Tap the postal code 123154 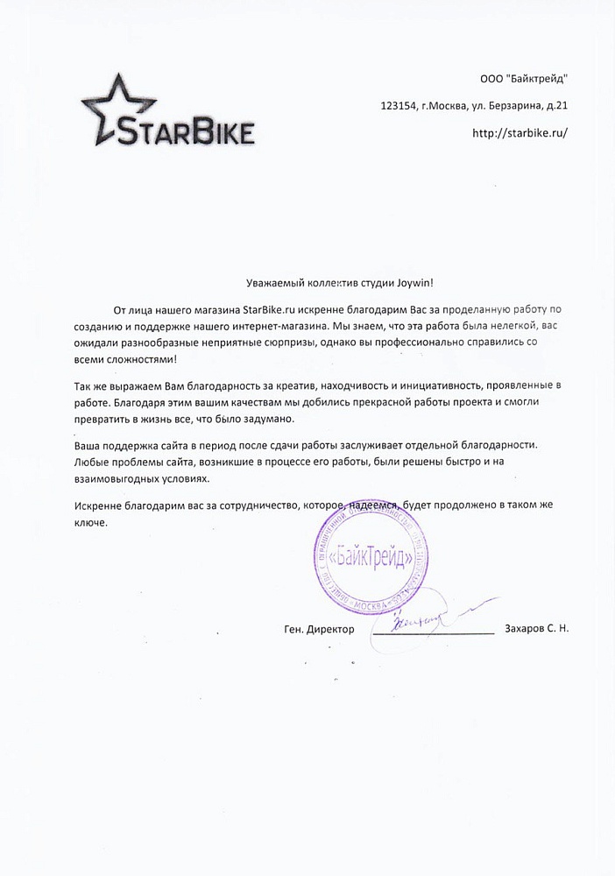coord(399,106)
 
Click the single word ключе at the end coord(89,523)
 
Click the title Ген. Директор coord(320,630)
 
